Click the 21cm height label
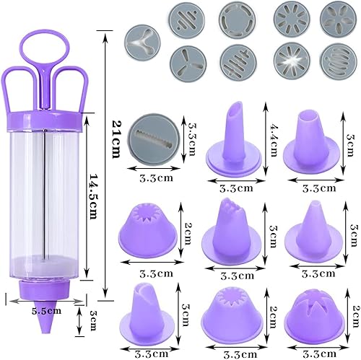point(116,139)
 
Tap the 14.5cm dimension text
point(93,196)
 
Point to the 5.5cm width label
point(46,311)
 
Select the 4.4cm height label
point(273,140)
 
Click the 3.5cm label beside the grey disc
point(191,139)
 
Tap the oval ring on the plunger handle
point(45,48)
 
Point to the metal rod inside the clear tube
point(44,195)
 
